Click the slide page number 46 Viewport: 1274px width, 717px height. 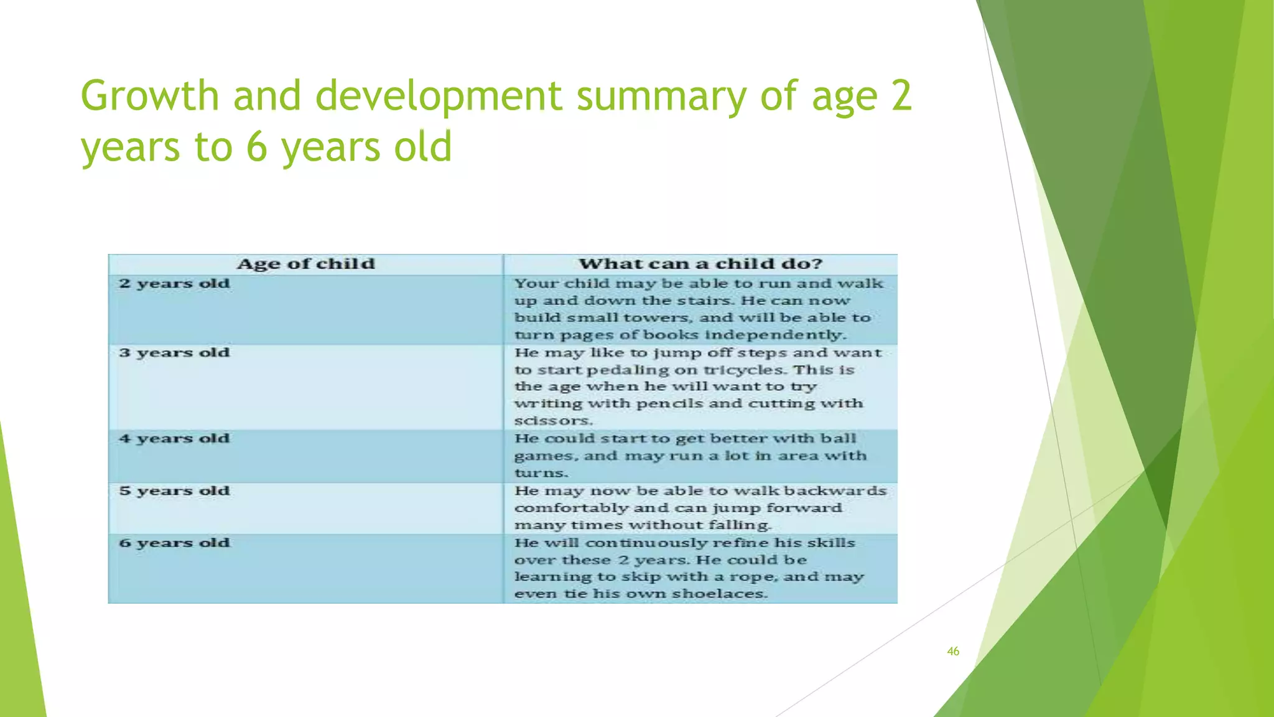[952, 652]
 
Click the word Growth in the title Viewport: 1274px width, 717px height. [149, 96]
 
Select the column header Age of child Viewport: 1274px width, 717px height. [305, 264]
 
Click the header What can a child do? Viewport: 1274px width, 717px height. [700, 264]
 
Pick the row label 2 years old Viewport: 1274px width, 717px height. [175, 284]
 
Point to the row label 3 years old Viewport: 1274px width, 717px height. [175, 353]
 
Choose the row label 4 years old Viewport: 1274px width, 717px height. [175, 439]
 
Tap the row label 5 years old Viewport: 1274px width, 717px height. [175, 491]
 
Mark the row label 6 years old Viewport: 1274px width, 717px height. [175, 543]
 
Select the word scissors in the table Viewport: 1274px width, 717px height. [552, 421]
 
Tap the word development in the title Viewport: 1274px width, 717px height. [439, 96]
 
